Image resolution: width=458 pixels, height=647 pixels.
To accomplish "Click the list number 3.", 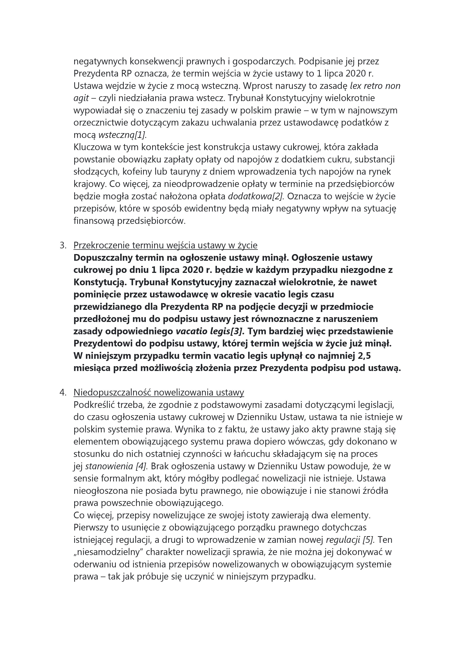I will [x=63, y=245].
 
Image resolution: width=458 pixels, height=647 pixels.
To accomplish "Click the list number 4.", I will [x=63, y=393].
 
